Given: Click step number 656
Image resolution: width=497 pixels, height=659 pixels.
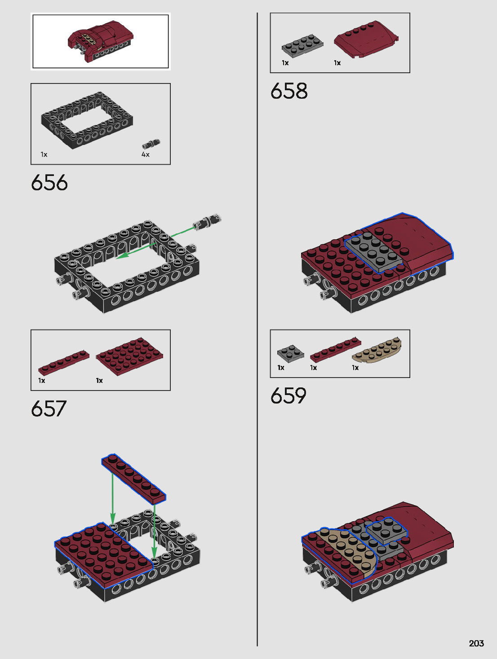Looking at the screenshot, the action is (49, 182).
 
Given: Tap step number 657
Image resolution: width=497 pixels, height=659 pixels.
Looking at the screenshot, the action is (49, 409).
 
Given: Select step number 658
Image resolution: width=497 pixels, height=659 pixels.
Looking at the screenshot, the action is (289, 91).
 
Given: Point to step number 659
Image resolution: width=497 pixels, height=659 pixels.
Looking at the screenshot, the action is (288, 395).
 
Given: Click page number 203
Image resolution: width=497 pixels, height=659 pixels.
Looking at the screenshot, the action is (476, 643).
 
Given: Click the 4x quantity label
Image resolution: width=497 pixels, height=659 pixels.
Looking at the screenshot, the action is (146, 154).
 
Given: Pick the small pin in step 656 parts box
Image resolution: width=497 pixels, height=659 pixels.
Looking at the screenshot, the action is (151, 144).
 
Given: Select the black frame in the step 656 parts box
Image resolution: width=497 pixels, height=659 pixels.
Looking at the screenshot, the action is (87, 120).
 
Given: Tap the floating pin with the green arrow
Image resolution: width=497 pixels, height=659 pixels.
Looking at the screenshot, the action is (207, 222).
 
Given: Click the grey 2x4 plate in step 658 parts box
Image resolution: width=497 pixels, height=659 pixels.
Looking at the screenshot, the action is (302, 46).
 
